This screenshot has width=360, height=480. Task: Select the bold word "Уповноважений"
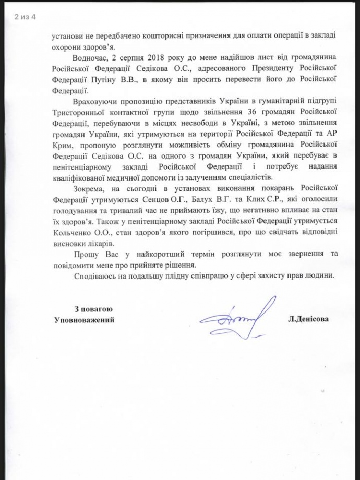(84, 319)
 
